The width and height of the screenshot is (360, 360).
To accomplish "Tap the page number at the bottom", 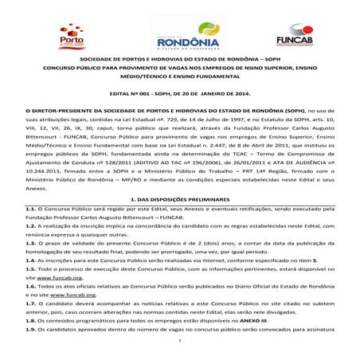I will (181, 351).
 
